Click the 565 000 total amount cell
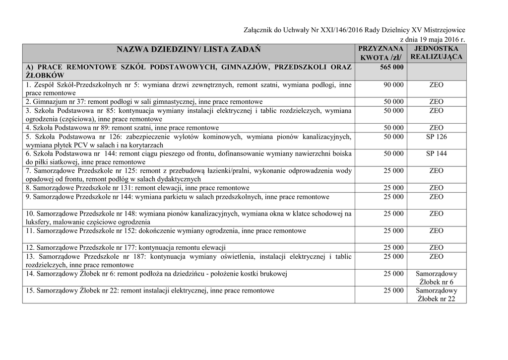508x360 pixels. (391, 67)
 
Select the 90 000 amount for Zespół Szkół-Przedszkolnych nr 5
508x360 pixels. (393, 85)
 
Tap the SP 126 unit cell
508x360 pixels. (436, 137)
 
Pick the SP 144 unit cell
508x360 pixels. (436, 154)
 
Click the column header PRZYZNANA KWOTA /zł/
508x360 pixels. (381, 53)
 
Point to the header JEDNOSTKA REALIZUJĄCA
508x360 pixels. (436, 53)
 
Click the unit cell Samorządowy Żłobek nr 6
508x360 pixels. (436, 278)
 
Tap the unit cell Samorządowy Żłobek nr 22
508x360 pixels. (436, 295)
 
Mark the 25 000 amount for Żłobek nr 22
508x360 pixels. (393, 290)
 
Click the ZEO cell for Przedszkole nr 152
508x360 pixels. (436, 231)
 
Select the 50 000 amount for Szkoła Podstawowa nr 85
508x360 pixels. (393, 111)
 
